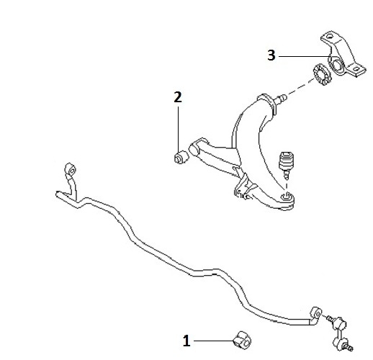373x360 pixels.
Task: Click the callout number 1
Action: click(x=186, y=341)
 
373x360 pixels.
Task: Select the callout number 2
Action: click(x=178, y=97)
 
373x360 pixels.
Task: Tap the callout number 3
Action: click(x=271, y=55)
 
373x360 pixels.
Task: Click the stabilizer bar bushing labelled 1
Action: click(x=242, y=340)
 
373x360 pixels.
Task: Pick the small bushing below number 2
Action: click(x=181, y=157)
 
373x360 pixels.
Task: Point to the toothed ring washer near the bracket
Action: click(x=322, y=74)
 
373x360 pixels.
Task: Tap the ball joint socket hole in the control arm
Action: click(x=286, y=197)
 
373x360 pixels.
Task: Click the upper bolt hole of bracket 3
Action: click(x=330, y=37)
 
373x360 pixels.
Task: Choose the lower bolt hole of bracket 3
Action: click(x=356, y=69)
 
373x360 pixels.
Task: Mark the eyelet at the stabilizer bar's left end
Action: click(x=70, y=169)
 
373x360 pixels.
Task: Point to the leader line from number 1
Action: click(x=214, y=341)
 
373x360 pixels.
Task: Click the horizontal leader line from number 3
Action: click(x=305, y=56)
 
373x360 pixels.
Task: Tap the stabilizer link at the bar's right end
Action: click(x=339, y=332)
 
